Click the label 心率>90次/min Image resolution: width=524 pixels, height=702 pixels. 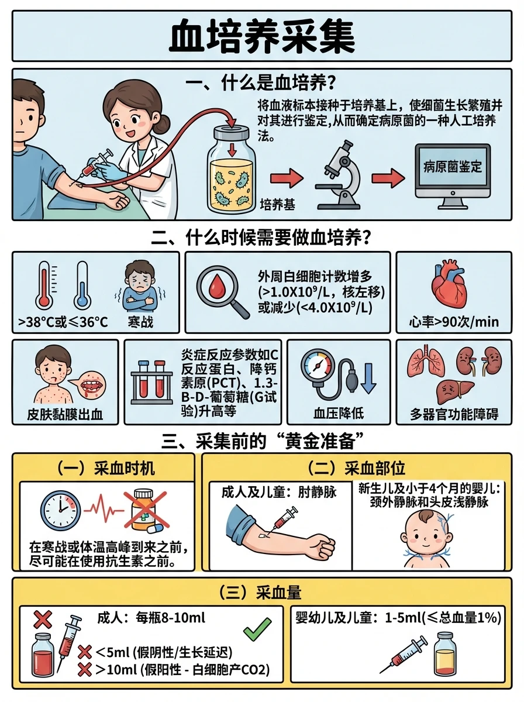454,322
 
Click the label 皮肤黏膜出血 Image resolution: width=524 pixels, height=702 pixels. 65,415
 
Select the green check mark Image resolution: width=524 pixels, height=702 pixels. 257,629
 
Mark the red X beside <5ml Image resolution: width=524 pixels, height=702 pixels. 84,652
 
